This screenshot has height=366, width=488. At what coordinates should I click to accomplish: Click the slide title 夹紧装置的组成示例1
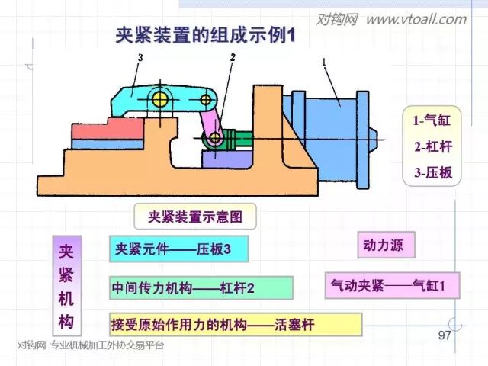[205, 35]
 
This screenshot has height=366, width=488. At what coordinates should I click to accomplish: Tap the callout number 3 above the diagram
[140, 58]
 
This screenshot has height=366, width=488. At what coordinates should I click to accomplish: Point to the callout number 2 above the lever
[233, 57]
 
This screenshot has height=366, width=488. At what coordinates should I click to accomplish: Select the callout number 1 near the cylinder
[324, 61]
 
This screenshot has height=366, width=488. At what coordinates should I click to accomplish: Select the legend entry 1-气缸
[432, 120]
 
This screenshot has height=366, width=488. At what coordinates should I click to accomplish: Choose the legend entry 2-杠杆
[432, 146]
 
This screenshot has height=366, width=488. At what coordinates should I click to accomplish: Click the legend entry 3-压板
[432, 172]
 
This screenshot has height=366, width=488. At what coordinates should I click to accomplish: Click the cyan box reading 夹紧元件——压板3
[173, 249]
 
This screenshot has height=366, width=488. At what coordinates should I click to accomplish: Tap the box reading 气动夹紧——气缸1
[393, 284]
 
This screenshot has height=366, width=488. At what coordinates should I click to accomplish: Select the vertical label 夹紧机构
[66, 284]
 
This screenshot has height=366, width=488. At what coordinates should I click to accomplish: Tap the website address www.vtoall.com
[415, 19]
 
